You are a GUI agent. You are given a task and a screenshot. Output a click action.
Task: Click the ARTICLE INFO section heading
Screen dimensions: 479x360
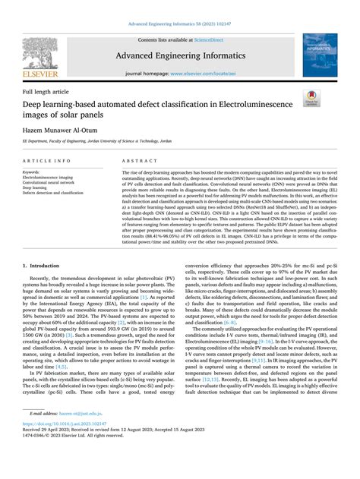coord(48,162)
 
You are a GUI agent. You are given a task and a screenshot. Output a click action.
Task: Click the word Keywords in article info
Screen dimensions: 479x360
coord(33,172)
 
